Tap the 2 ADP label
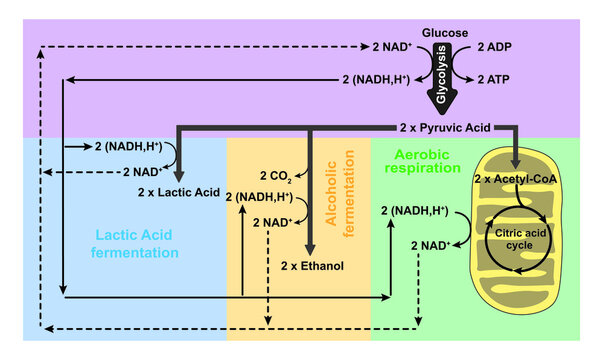tap(495, 48)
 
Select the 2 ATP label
tap(495, 79)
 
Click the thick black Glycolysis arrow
tap(446, 80)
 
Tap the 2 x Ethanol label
tap(312, 266)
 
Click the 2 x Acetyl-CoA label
tap(516, 178)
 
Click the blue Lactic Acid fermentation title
tap(138, 243)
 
